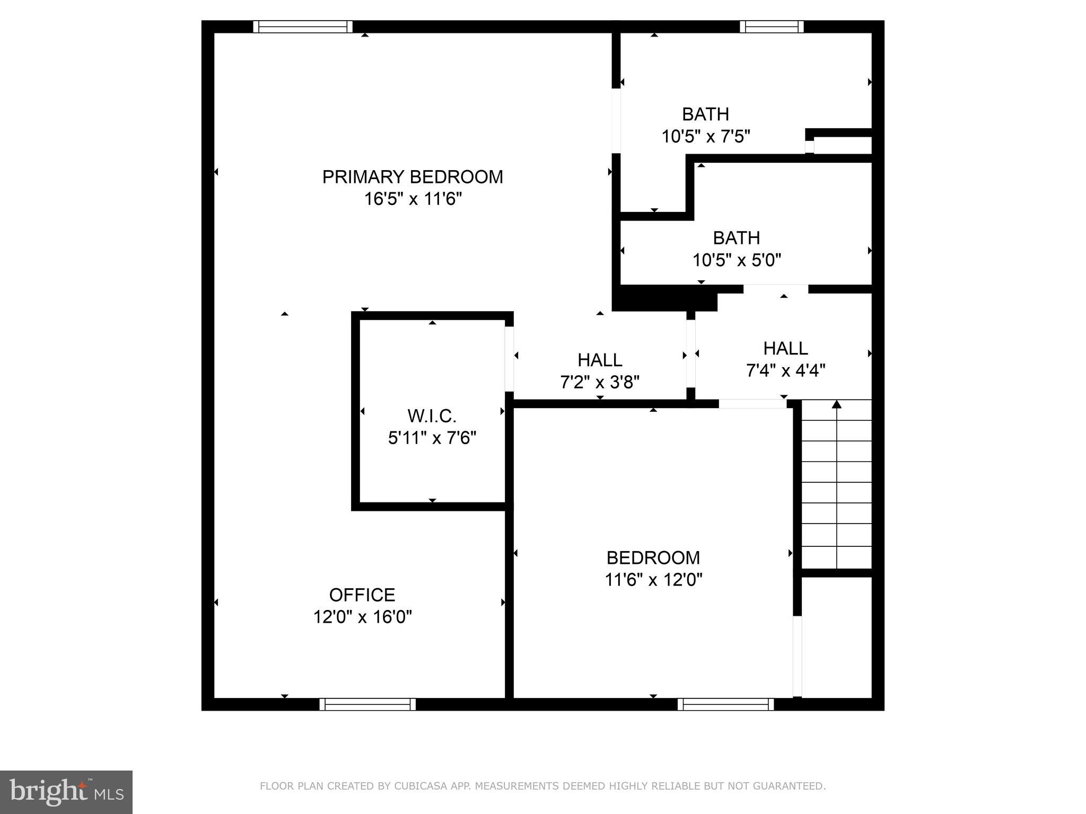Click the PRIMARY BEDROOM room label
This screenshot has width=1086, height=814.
[x=413, y=176]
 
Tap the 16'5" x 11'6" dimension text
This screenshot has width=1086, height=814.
[x=413, y=199]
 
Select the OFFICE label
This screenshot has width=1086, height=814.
[x=362, y=595]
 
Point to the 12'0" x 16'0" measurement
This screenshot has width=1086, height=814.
[x=362, y=617]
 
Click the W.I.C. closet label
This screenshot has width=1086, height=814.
[x=432, y=416]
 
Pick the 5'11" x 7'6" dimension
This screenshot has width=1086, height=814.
[x=432, y=438]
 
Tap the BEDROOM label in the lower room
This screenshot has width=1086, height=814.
[x=653, y=558]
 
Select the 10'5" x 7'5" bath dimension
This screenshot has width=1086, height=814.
[x=705, y=137]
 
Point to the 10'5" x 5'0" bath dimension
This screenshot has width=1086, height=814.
[x=737, y=260]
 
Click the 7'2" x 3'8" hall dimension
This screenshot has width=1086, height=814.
[x=600, y=382]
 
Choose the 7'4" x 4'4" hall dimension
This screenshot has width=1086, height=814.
[x=785, y=370]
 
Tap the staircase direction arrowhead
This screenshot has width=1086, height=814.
[x=836, y=405]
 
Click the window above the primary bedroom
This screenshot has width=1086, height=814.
[x=303, y=26]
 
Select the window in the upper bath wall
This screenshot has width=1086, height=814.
[x=772, y=26]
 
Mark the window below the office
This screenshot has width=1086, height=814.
[x=367, y=704]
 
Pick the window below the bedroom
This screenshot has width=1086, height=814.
[x=725, y=704]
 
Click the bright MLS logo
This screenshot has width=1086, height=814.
[x=66, y=792]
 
